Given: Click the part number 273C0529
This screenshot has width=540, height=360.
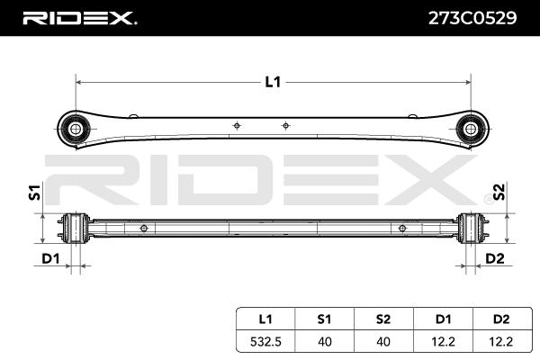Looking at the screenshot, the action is [472, 18].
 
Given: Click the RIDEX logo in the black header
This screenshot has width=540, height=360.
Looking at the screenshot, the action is [79, 18].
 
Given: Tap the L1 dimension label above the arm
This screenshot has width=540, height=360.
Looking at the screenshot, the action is [273, 82].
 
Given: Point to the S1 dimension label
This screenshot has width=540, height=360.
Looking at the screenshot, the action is [35, 193].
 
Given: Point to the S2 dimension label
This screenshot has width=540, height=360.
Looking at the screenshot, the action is [499, 193].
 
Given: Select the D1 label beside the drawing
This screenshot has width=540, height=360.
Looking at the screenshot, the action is [50, 258].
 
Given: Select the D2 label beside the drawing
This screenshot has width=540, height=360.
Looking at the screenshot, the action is [494, 258].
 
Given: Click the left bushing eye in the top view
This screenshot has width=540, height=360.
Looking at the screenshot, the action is [75, 130].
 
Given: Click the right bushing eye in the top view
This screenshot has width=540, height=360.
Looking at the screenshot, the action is [470, 130].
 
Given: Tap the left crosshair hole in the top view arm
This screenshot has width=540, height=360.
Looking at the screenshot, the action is [237, 126].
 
